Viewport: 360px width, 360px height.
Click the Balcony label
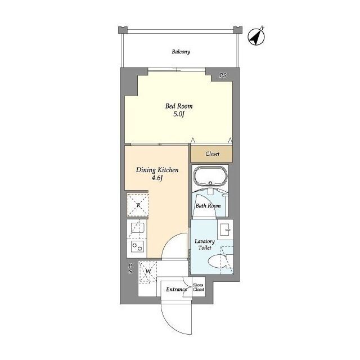click(x=181, y=52)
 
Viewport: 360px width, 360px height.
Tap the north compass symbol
click(x=256, y=36)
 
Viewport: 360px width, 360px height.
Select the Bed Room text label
click(x=179, y=106)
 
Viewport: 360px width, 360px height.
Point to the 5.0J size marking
click(x=179, y=114)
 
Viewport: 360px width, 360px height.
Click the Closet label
click(x=213, y=154)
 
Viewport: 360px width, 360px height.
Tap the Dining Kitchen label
click(x=157, y=170)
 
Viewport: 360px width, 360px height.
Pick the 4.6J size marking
click(x=157, y=178)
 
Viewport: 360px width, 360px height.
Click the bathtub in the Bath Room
click(x=210, y=177)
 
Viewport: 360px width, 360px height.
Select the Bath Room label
click(x=208, y=206)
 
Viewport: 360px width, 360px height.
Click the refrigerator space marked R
click(x=138, y=205)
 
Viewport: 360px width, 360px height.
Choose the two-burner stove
click(x=137, y=246)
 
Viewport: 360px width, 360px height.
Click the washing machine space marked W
click(x=148, y=271)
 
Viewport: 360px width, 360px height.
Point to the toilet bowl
click(x=218, y=262)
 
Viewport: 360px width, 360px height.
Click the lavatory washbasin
click(x=225, y=229)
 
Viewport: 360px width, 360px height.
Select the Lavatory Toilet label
click(x=205, y=245)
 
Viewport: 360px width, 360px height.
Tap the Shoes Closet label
click(x=199, y=287)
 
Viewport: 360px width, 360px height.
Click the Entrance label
click(x=176, y=289)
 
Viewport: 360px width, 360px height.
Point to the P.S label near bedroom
click(x=223, y=75)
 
